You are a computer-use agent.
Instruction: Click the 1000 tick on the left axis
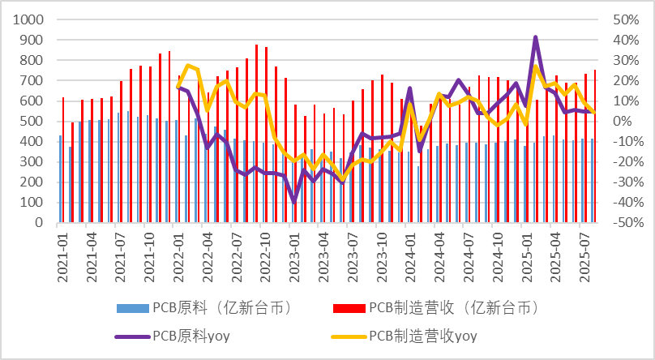(29, 19)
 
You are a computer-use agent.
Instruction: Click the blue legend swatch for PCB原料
(131, 308)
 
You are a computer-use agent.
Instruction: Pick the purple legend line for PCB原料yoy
(131, 336)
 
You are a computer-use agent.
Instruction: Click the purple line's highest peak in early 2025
(536, 37)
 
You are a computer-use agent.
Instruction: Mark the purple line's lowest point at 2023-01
(294, 201)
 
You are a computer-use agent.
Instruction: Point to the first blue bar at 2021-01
(60, 178)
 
